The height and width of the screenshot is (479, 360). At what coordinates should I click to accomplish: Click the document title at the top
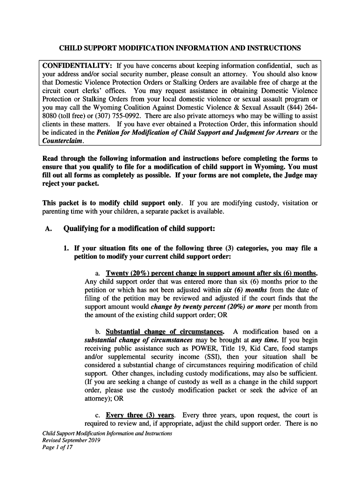pyautogui.click(x=180, y=48)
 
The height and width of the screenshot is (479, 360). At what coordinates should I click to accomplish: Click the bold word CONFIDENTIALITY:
pyautogui.click(x=77, y=65)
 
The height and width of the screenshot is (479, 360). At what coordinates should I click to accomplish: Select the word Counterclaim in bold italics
pyautogui.click(x=63, y=141)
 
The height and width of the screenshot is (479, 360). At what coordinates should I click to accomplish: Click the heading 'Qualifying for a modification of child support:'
pyautogui.click(x=139, y=229)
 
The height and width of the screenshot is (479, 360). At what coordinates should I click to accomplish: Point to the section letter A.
pyautogui.click(x=46, y=229)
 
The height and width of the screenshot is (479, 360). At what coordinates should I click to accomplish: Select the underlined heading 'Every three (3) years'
pyautogui.click(x=140, y=415)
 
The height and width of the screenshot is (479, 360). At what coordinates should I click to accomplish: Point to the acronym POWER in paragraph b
pyautogui.click(x=219, y=348)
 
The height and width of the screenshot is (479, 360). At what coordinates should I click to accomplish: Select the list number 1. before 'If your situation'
pyautogui.click(x=66, y=248)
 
